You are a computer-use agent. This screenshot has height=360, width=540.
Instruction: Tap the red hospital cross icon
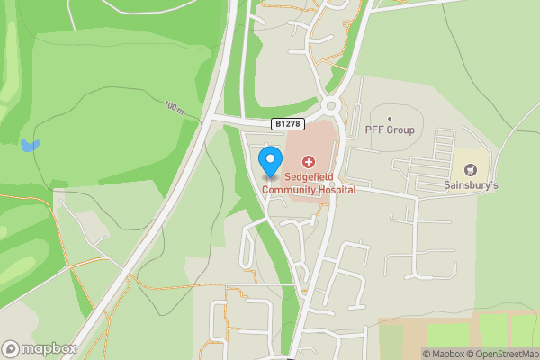[x=309, y=162]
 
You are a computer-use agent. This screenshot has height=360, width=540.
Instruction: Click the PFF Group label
[x=390, y=130]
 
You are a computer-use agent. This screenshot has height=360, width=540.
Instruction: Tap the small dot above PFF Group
[x=390, y=118]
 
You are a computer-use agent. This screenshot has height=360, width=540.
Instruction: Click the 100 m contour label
[x=175, y=107]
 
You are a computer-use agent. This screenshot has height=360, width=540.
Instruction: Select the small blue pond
[x=31, y=144]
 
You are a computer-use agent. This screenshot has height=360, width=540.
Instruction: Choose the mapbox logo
[x=40, y=348]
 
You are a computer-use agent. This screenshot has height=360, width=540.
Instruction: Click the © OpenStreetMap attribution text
[x=502, y=354]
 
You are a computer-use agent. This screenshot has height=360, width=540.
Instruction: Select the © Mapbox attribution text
[x=444, y=354]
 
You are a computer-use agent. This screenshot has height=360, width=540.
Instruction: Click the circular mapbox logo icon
[x=12, y=348]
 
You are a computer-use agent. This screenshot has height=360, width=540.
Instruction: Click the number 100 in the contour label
[x=171, y=104]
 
